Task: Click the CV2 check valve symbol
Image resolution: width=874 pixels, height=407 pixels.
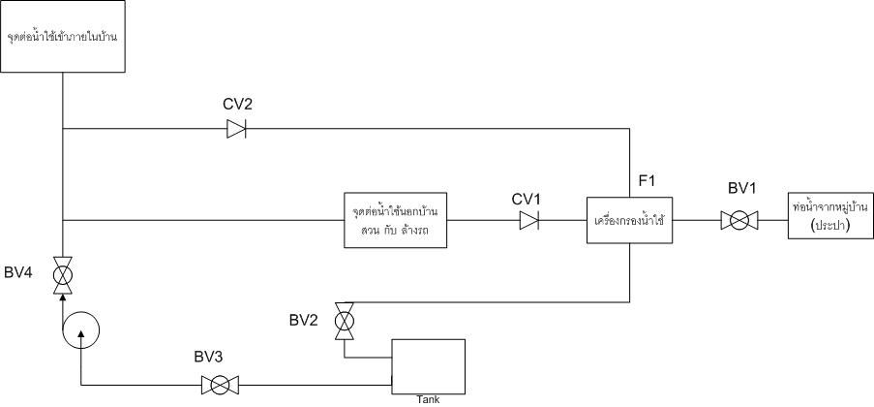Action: [236, 129]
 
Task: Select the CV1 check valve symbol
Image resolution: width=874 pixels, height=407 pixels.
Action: [529, 220]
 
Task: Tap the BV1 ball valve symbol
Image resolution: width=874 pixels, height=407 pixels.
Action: [739, 220]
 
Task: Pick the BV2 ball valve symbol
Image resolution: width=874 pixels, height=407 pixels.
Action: [344, 321]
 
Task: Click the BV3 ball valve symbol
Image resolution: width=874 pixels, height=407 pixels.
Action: [220, 386]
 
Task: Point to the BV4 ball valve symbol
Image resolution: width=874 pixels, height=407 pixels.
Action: [62, 275]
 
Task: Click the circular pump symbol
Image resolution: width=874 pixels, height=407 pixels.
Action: [81, 329]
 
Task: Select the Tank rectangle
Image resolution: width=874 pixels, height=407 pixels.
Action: [428, 366]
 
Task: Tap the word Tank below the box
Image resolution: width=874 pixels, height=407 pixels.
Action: [428, 400]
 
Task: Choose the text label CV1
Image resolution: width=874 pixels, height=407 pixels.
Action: [527, 199]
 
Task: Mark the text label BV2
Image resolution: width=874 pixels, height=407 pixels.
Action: [304, 321]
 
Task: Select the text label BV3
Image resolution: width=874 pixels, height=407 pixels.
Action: [209, 357]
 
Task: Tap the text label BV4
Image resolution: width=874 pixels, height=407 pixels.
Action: [18, 274]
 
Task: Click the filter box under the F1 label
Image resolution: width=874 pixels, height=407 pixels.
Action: [630, 220]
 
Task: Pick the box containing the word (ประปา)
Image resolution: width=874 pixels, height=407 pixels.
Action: [830, 215]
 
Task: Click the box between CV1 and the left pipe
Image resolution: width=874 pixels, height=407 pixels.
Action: [396, 220]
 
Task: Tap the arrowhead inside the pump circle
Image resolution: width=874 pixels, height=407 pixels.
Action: [81, 334]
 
